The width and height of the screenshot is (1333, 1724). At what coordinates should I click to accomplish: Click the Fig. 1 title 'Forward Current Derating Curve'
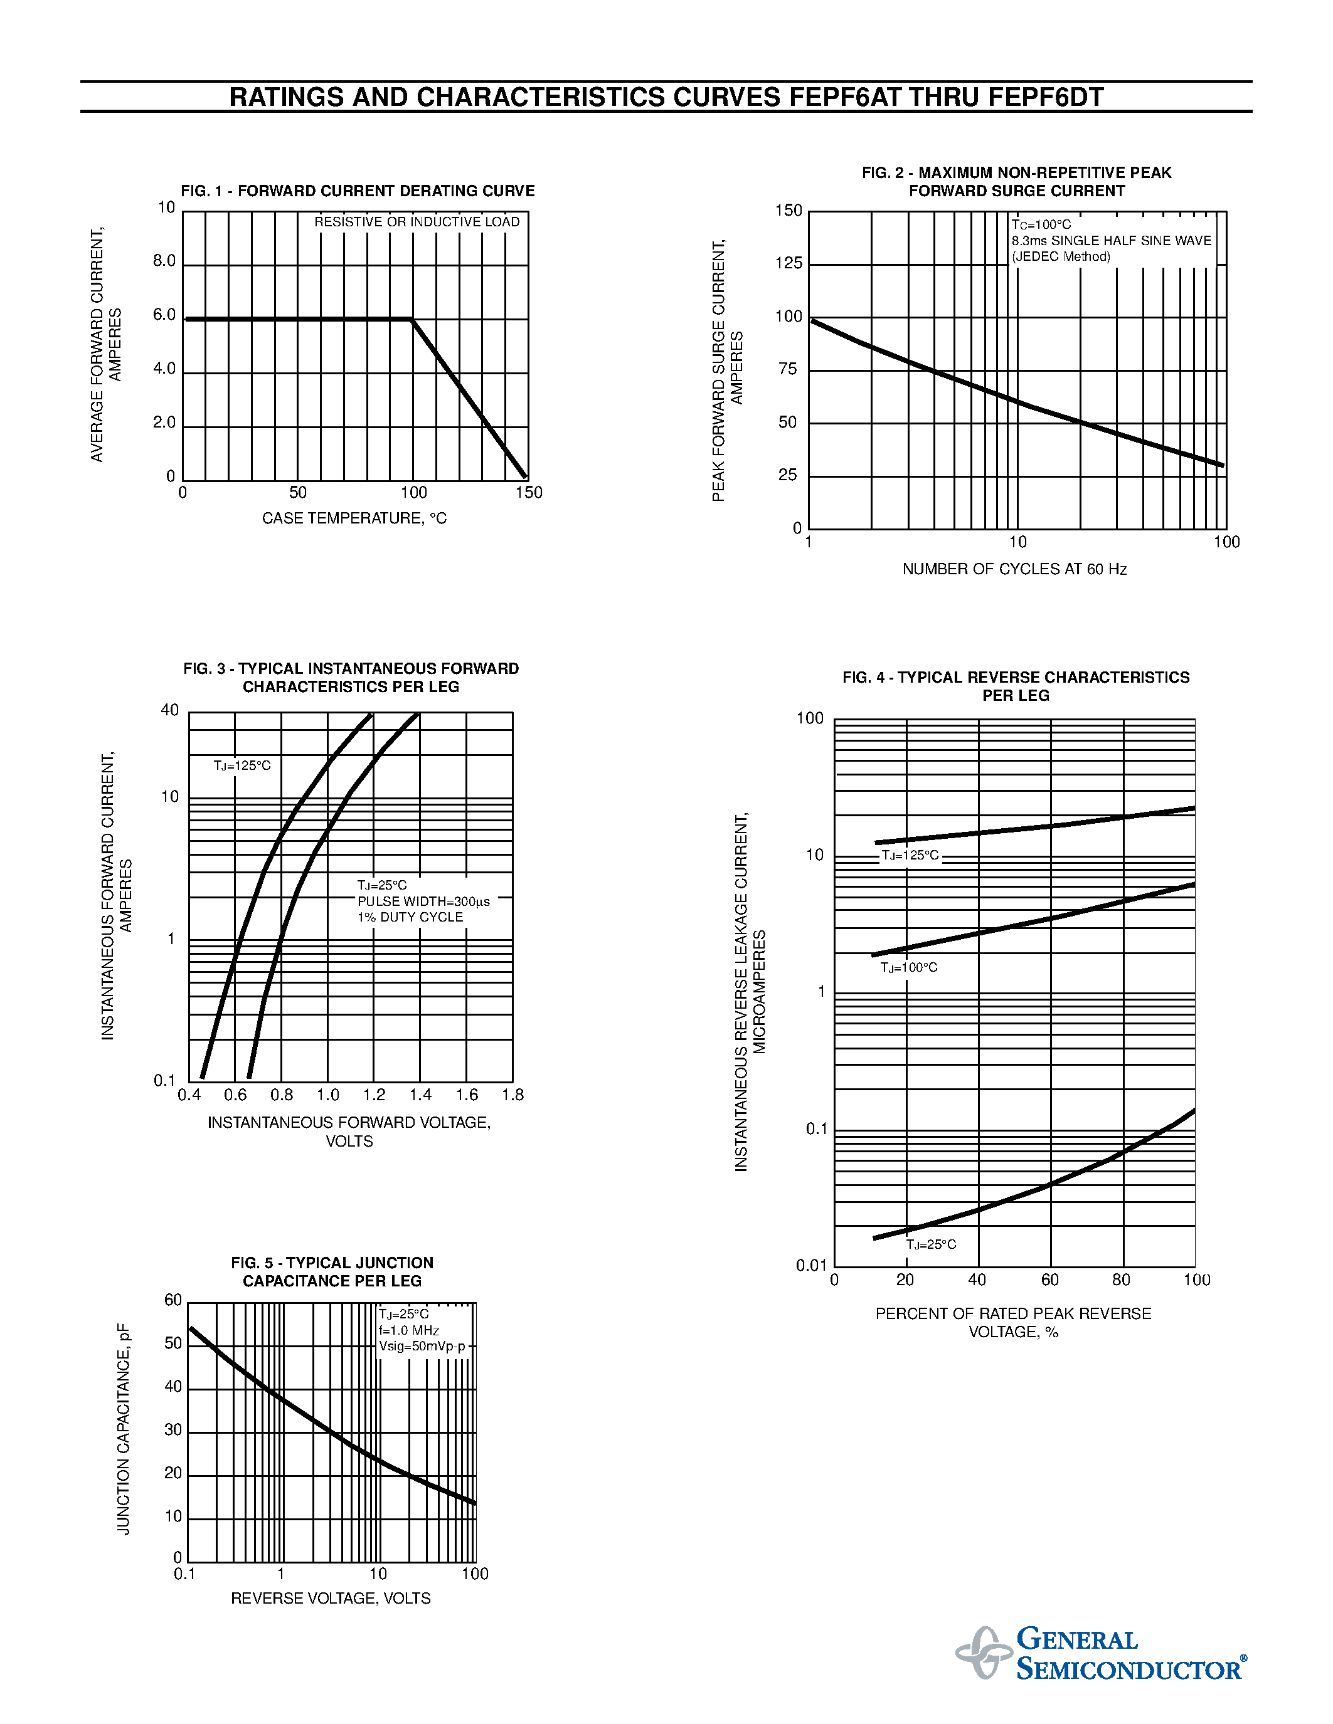(358, 191)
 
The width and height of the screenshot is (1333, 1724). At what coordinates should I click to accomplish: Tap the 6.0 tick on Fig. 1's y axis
(164, 315)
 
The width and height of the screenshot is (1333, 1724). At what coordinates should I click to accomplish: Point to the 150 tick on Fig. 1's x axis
(529, 493)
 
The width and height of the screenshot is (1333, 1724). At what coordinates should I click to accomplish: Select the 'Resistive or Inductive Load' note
(417, 222)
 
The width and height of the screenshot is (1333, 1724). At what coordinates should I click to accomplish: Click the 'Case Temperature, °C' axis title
(354, 518)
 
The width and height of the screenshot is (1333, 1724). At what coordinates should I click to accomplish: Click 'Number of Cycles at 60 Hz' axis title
(1014, 569)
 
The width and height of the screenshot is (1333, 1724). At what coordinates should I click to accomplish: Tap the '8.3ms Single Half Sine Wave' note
(1111, 241)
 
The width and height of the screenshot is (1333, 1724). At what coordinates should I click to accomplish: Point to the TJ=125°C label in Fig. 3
(242, 765)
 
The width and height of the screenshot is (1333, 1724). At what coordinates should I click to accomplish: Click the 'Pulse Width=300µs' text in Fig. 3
(423, 901)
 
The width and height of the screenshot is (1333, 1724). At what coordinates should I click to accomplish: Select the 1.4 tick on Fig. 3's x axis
(420, 1095)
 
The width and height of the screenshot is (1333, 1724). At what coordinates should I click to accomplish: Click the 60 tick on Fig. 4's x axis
(1049, 1280)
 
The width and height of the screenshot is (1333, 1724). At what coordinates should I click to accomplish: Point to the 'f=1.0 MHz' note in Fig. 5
(408, 1330)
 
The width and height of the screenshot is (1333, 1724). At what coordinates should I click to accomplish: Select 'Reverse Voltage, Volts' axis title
(331, 1599)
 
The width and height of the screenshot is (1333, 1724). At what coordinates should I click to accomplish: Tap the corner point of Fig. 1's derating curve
(412, 319)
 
